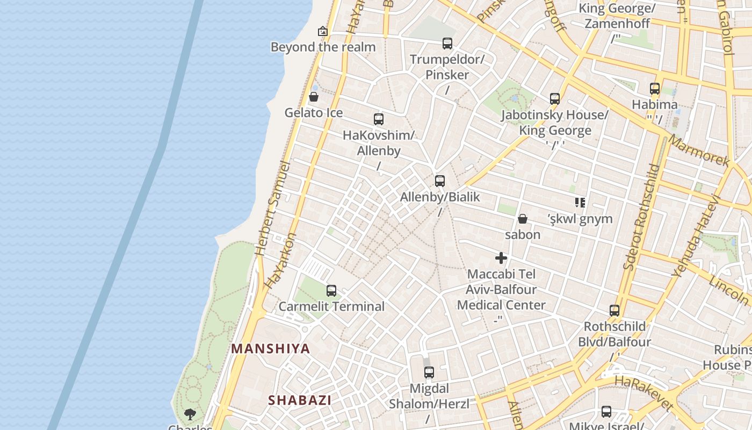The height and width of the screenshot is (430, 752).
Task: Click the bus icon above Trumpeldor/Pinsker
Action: click(447, 44)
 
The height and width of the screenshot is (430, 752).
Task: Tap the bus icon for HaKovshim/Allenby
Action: click(379, 119)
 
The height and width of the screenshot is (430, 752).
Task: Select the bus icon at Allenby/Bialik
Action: click(440, 181)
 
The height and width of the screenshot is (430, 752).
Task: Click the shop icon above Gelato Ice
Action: click(314, 97)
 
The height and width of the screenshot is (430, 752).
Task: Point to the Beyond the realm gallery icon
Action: click(323, 31)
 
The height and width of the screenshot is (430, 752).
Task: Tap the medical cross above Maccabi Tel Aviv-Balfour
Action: click(501, 258)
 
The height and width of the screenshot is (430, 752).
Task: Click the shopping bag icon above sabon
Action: click(522, 219)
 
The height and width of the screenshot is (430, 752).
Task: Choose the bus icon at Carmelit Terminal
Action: click(331, 291)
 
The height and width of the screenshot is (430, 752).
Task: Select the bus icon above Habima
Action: click(655, 89)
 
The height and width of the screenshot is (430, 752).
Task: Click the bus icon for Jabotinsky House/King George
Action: click(555, 99)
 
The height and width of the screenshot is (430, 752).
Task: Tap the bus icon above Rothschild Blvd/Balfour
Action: click(614, 311)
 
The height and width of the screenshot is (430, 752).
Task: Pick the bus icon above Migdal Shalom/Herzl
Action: click(429, 372)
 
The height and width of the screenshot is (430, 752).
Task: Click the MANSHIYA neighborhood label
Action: click(271, 348)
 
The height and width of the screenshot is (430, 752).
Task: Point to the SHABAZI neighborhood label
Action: click(300, 400)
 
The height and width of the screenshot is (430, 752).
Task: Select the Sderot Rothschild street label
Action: click(641, 217)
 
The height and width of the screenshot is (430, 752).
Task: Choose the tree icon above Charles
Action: click(190, 414)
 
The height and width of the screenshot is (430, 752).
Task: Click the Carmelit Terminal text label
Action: click(331, 306)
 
